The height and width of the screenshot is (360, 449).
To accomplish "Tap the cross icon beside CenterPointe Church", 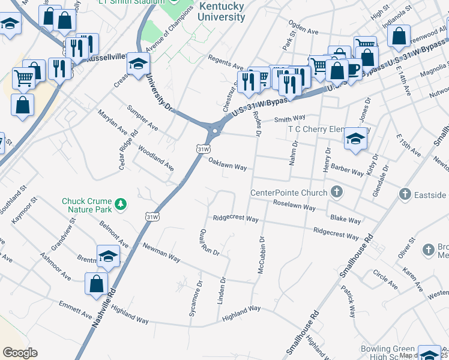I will tap(337, 193).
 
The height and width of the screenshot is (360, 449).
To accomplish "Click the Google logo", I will tap(20, 353).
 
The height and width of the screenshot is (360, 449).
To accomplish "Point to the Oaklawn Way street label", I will tap(228, 164).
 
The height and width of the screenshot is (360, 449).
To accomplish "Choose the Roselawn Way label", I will tap(294, 205).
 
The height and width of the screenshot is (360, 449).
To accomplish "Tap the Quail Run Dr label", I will tap(210, 242).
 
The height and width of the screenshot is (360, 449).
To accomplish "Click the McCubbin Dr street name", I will tap(262, 256).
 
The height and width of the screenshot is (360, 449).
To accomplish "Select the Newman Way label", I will tap(161, 252).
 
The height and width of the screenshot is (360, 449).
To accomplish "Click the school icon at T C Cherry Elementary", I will tap(355, 139).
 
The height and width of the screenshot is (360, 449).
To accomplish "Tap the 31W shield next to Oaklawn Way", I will tap(203, 148).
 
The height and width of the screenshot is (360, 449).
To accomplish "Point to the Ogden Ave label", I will tap(303, 30).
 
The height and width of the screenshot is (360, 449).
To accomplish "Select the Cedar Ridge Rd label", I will tap(128, 150).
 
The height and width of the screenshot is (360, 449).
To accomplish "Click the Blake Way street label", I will tap(345, 220).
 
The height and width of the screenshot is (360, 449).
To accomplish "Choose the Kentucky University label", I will tap(221, 11).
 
